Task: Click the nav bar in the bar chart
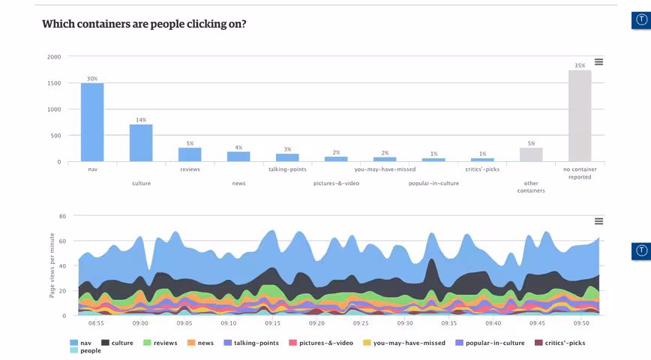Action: coord(92,122)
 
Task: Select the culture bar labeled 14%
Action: coord(141,142)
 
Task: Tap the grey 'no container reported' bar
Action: coord(580,115)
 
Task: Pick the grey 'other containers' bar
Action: coord(531,154)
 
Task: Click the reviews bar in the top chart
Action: coord(190,154)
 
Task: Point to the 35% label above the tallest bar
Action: coord(580,65)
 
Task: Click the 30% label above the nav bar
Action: coord(92,79)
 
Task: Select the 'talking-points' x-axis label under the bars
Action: coord(287,169)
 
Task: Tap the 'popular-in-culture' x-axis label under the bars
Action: coord(433,183)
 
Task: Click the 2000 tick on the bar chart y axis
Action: coord(54,57)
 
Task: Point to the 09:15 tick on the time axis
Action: coord(272,323)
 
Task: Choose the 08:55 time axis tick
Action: coord(96,323)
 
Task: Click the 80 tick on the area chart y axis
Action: coord(62,216)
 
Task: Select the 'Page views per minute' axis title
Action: coord(52,265)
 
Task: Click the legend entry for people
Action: coord(85,350)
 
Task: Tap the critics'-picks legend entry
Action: coord(559,343)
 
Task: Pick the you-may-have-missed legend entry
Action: coord(404,343)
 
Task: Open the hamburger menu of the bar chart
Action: coord(598,61)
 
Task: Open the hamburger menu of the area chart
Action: coord(598,221)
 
